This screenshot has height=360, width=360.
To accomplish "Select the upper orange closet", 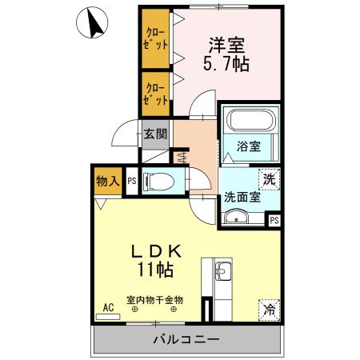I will (156, 39).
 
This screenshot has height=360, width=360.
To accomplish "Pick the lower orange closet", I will (156, 93).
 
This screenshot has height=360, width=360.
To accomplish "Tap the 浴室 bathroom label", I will (249, 146).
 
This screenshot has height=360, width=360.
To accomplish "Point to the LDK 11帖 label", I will (158, 261).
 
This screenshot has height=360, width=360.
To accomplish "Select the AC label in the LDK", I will (106, 306).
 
